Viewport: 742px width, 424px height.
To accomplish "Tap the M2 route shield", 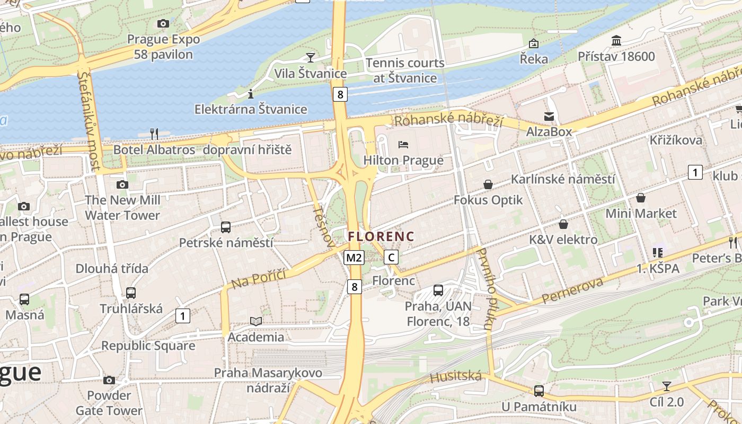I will click(x=354, y=258).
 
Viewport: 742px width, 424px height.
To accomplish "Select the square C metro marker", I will click(x=391, y=258).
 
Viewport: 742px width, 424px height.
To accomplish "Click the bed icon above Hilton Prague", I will click(x=403, y=144).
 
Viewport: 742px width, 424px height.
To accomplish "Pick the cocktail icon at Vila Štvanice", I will click(x=311, y=57).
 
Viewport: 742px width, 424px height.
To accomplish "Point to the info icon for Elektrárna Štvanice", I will click(x=251, y=94).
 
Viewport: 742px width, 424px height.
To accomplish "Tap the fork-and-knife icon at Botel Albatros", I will click(x=154, y=134).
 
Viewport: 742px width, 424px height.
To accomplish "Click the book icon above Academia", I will click(x=256, y=321).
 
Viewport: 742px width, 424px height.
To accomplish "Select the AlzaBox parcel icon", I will click(x=549, y=116).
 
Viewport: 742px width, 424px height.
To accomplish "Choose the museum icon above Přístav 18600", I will click(x=616, y=40).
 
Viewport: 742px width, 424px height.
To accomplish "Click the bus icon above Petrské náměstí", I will click(x=226, y=227).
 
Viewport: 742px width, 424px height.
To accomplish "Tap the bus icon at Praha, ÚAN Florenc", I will click(x=438, y=290).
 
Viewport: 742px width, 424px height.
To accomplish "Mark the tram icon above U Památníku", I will click(x=539, y=391).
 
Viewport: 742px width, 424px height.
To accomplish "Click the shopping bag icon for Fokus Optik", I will click(x=488, y=184).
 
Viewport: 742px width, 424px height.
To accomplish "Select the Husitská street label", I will click(x=456, y=377).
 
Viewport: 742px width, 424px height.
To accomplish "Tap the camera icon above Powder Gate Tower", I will click(x=109, y=380).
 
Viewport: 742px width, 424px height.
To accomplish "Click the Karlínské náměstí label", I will click(x=563, y=179).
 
